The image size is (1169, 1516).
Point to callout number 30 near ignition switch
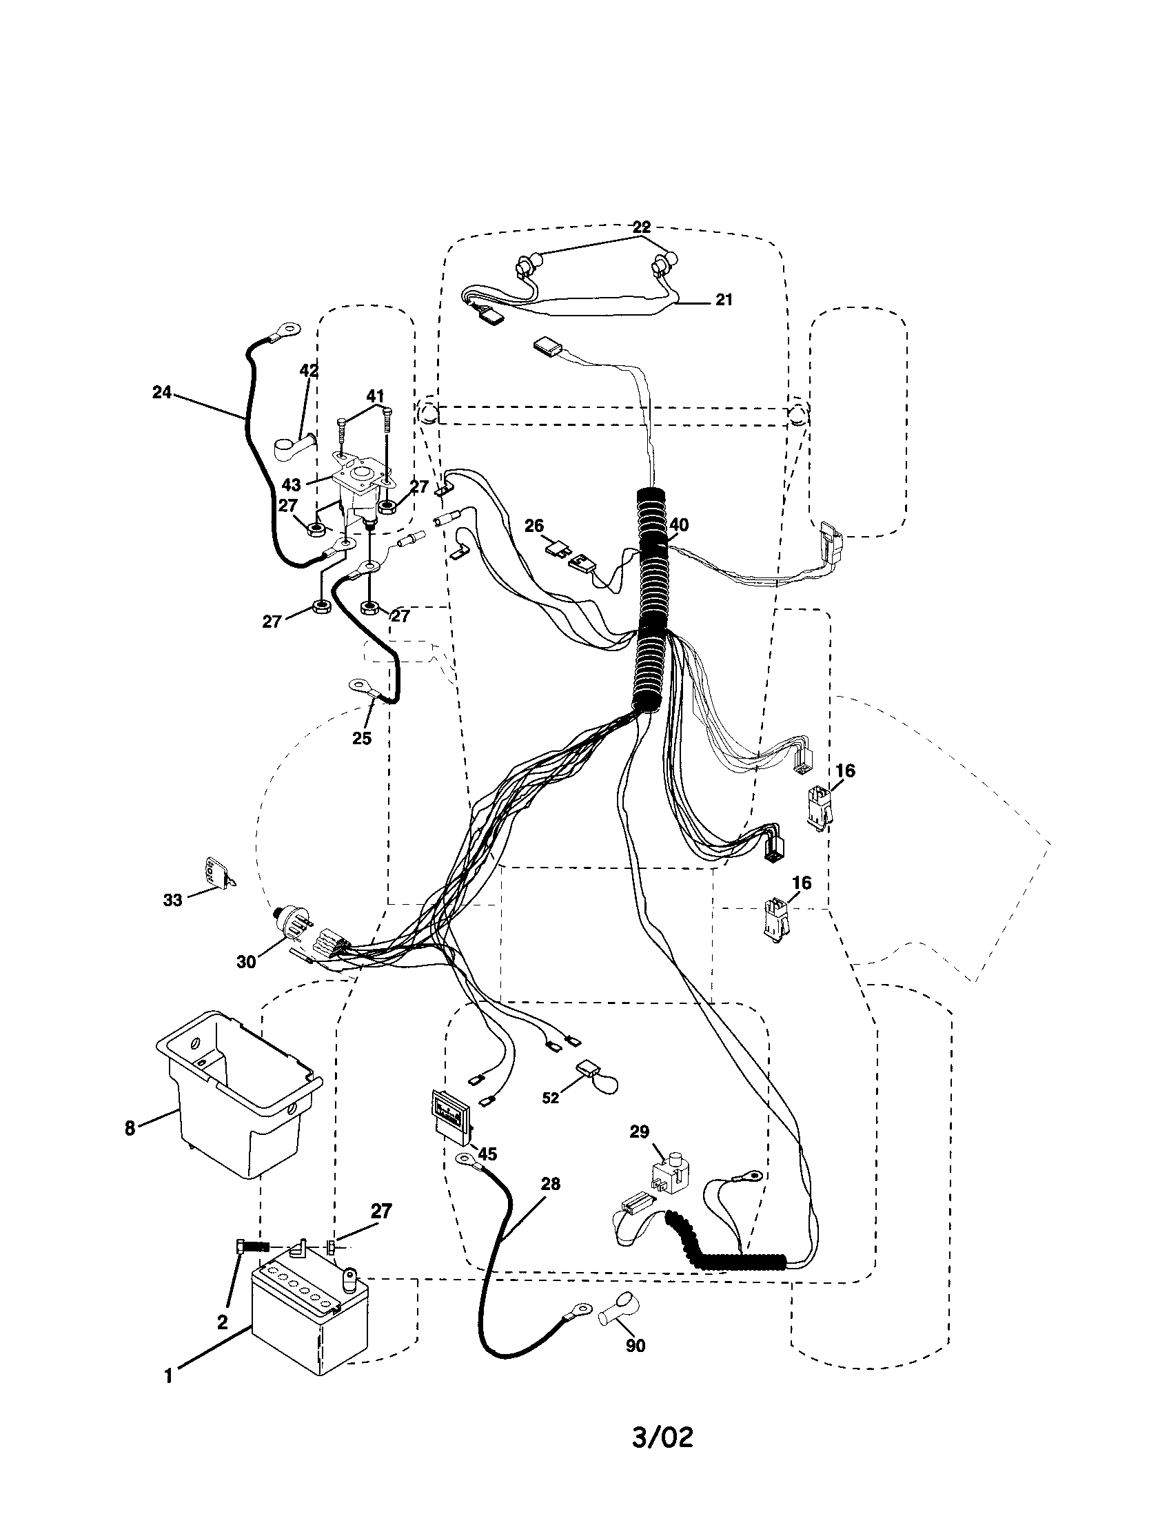(x=246, y=962)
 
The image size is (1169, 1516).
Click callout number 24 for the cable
(x=162, y=392)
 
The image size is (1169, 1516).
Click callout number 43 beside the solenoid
(x=292, y=484)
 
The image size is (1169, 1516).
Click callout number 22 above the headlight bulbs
(x=641, y=227)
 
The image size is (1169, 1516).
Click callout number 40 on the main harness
(x=678, y=526)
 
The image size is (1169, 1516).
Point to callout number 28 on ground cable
(x=550, y=1183)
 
